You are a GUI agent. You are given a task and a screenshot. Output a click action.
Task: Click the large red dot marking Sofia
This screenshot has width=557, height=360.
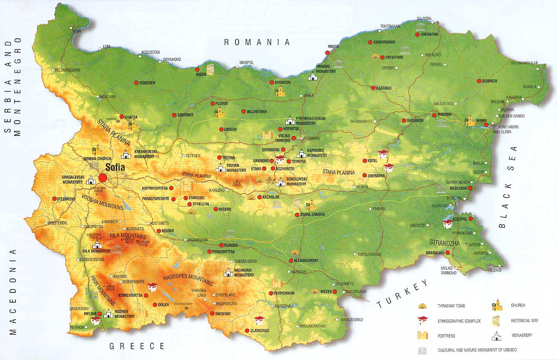103,178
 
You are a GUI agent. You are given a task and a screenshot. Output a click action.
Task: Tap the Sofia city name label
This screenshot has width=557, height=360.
115,167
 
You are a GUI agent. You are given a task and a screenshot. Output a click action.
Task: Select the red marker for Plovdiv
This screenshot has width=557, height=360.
221,245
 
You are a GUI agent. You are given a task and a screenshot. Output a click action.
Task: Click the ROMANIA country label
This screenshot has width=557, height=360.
257,42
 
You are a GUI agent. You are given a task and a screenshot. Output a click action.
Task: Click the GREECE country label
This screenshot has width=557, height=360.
137,346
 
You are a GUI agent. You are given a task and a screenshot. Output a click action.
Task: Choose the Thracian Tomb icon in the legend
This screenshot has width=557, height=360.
422,306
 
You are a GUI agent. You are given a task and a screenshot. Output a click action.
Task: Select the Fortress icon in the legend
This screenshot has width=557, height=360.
423,335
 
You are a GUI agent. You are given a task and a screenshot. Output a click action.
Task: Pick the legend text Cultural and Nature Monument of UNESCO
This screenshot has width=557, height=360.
477,350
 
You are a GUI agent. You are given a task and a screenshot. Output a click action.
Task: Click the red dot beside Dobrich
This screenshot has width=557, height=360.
479,81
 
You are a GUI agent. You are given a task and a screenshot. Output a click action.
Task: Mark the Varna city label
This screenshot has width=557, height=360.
481,121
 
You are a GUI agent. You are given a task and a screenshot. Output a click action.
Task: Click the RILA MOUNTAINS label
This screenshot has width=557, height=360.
128,236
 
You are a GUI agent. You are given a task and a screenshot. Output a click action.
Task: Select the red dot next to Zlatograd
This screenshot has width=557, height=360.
247,331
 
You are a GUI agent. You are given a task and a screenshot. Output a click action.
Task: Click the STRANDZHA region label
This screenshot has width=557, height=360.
444,243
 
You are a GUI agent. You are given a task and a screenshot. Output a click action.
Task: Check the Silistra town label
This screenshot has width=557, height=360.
424,19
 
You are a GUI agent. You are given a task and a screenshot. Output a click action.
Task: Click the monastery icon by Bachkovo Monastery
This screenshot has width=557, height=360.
228,273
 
